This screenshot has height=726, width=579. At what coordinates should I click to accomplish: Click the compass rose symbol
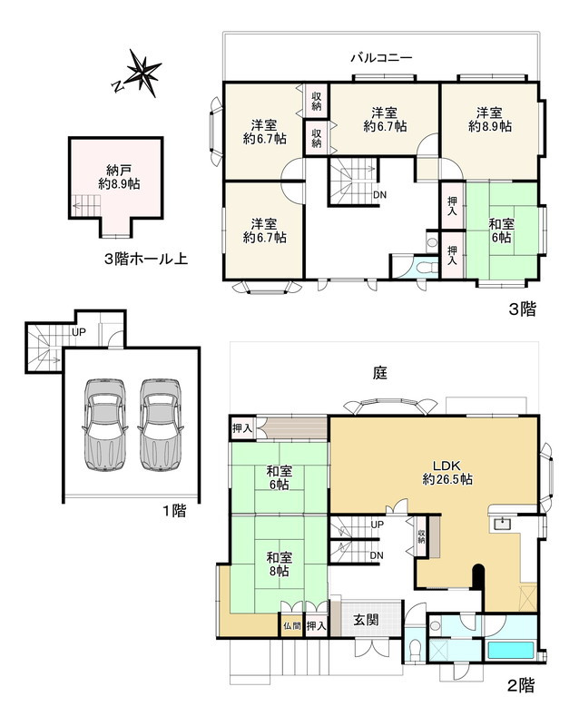(x=140, y=74)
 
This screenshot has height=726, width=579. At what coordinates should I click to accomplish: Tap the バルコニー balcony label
(x=382, y=58)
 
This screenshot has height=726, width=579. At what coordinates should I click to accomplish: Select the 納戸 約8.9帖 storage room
(x=116, y=176)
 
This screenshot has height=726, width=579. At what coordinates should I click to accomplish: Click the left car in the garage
(x=103, y=423)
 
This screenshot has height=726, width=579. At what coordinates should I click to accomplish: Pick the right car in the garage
(x=160, y=423)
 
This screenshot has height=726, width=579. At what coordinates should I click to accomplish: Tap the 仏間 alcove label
(x=291, y=626)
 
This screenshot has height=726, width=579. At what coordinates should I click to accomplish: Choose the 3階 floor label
(x=521, y=309)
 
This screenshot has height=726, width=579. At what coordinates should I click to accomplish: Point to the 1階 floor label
(x=173, y=510)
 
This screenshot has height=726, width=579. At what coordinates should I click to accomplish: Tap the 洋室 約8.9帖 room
(x=490, y=121)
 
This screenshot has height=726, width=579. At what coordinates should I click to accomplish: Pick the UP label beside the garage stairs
(x=79, y=332)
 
